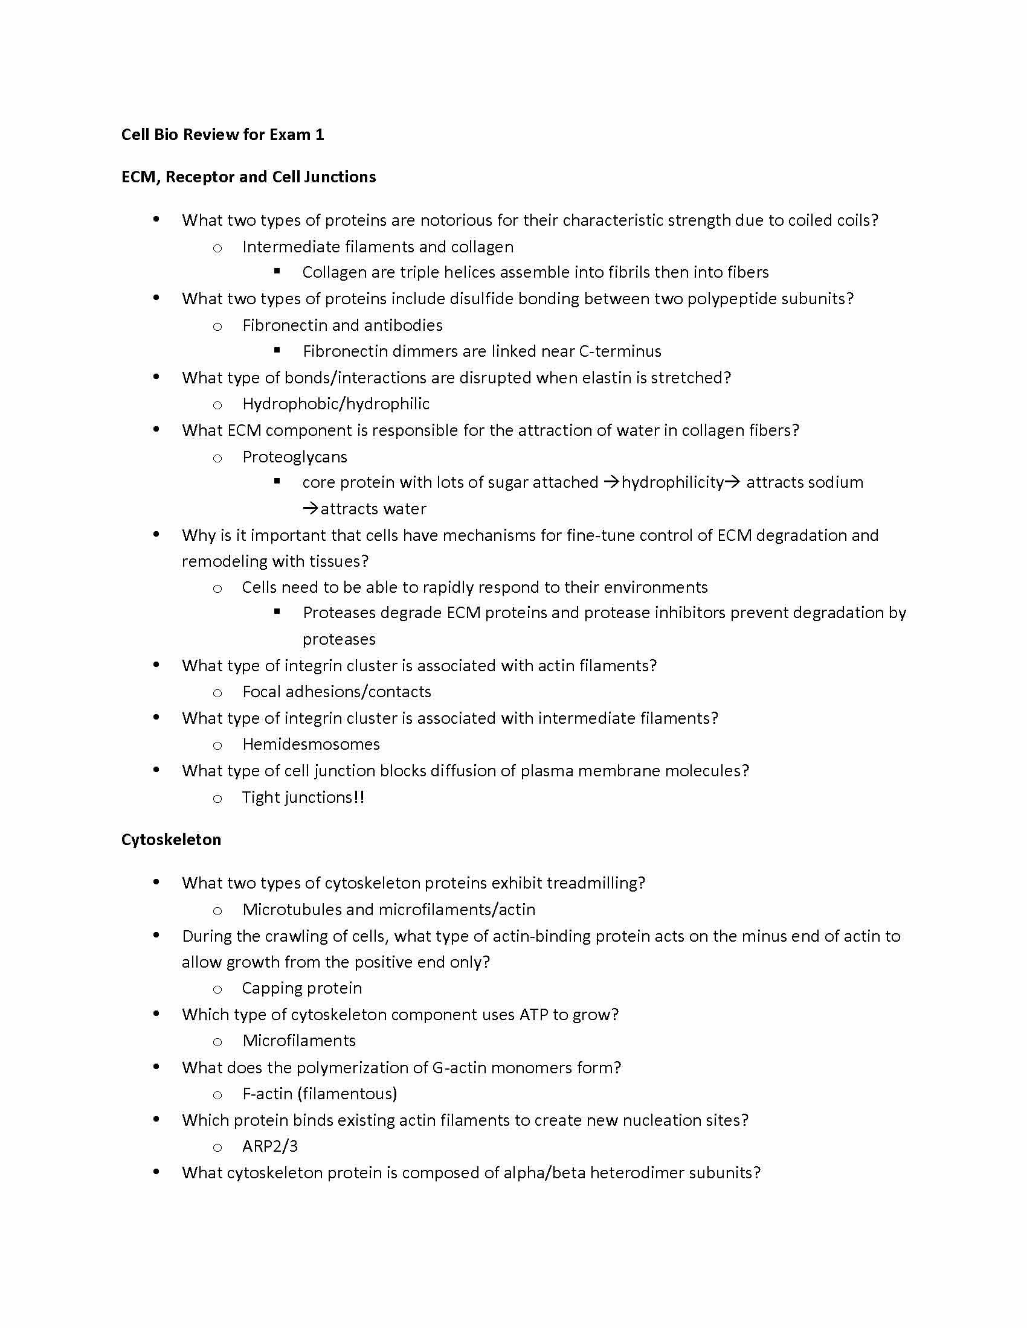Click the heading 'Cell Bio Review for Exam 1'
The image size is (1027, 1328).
(x=222, y=135)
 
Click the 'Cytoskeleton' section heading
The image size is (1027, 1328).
(x=171, y=840)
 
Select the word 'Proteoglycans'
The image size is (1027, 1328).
(x=294, y=457)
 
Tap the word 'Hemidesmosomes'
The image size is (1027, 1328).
(x=311, y=744)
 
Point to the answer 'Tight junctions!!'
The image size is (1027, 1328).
(x=303, y=797)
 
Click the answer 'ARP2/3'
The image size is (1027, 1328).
(x=270, y=1146)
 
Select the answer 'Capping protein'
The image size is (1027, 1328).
(x=302, y=988)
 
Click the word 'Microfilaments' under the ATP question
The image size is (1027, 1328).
(x=298, y=1041)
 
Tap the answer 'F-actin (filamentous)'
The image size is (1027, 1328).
(x=320, y=1093)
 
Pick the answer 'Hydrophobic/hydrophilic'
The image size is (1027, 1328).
(x=336, y=404)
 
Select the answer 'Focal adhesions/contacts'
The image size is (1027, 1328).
(x=336, y=691)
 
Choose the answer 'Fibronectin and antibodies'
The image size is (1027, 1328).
(x=342, y=325)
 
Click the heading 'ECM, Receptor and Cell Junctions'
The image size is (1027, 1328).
(x=248, y=177)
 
